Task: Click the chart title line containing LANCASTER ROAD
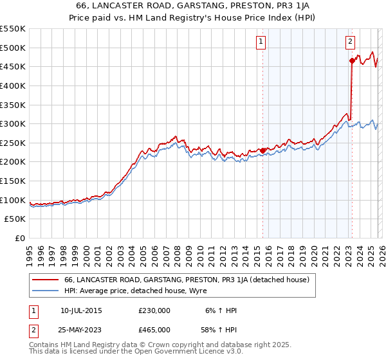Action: [x=192, y=6]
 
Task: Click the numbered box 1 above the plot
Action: [x=261, y=42]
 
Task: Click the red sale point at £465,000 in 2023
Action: [x=352, y=61]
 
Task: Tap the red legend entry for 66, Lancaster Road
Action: [x=187, y=280]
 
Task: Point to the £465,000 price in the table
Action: [x=154, y=330]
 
